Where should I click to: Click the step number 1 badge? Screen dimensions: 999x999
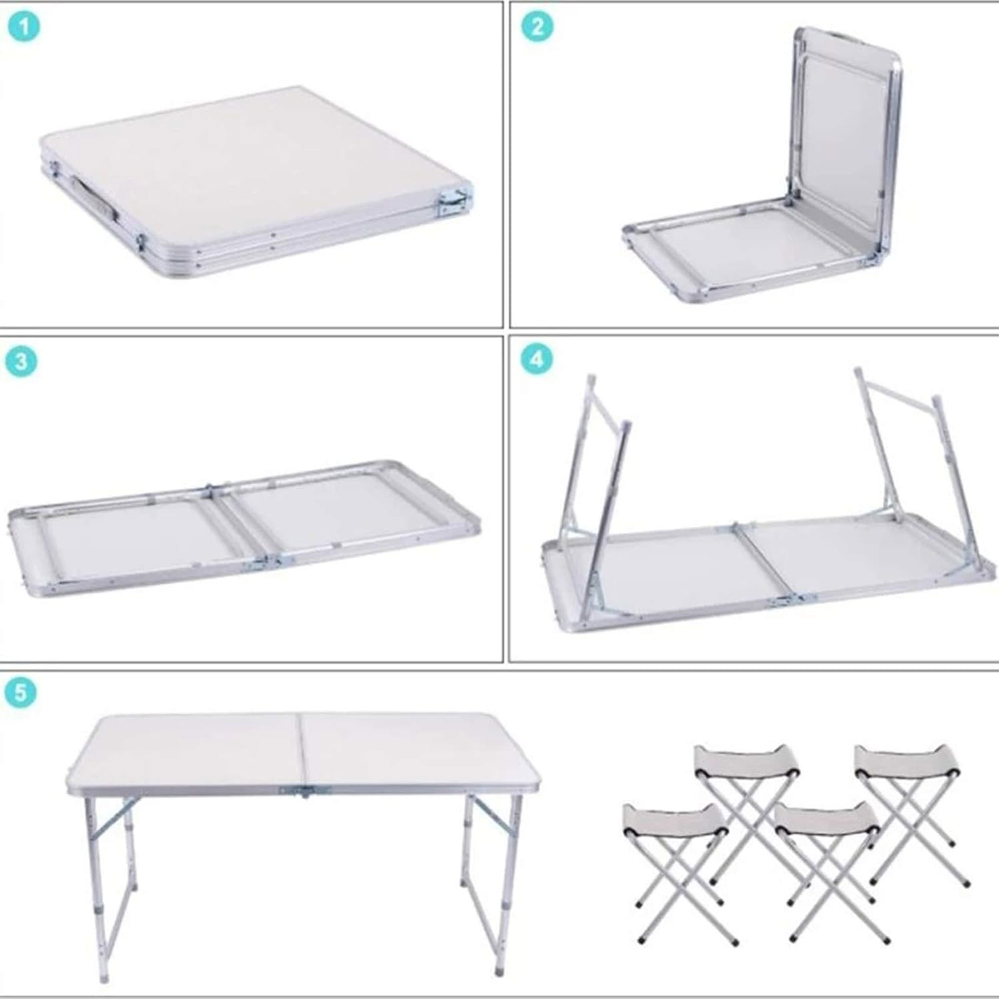24,27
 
